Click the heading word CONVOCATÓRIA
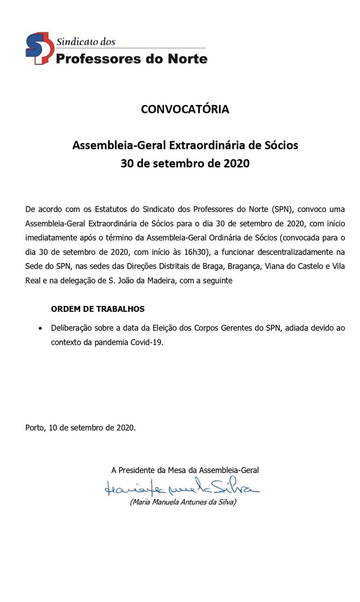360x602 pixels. (185, 109)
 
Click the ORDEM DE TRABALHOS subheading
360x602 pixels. (97, 309)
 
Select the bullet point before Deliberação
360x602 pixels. (41, 328)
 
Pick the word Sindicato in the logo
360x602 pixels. (75, 41)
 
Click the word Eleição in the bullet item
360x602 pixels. (180, 328)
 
